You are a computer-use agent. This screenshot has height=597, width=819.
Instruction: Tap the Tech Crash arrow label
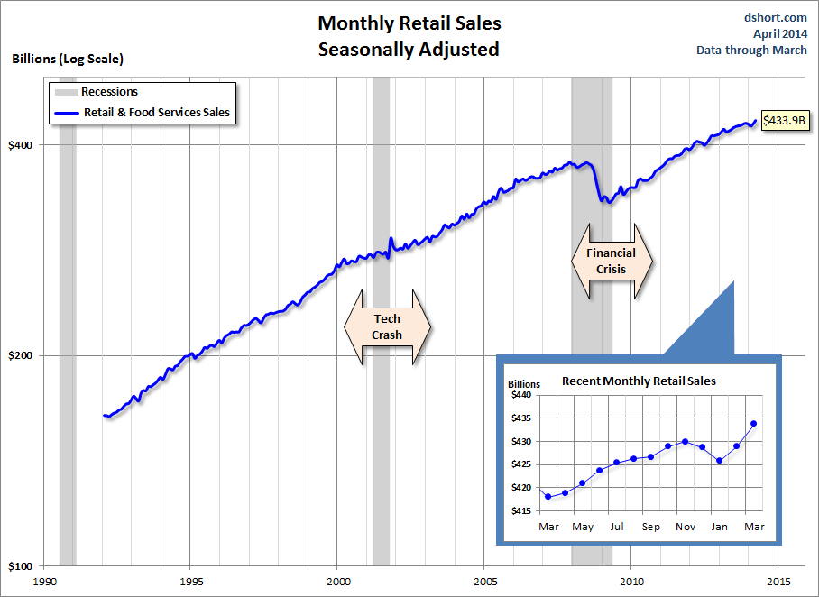coord(387,326)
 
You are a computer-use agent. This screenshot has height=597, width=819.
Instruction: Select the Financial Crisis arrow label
coord(611,261)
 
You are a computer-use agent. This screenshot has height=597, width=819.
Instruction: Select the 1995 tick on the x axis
coord(190,582)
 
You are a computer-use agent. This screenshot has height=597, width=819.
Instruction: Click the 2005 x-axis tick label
coord(485,582)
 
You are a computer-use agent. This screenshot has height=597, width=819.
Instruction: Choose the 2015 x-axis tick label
coord(779,582)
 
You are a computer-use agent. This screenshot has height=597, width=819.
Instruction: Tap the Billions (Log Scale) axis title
coord(68,59)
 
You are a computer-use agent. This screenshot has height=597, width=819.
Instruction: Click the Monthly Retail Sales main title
coord(409,23)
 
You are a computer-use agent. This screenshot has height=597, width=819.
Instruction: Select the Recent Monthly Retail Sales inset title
coord(639,381)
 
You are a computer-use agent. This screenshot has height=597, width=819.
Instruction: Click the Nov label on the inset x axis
coord(686,526)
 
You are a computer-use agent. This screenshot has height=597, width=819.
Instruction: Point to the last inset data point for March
coord(753,423)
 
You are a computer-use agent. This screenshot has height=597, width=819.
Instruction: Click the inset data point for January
coord(719,461)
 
